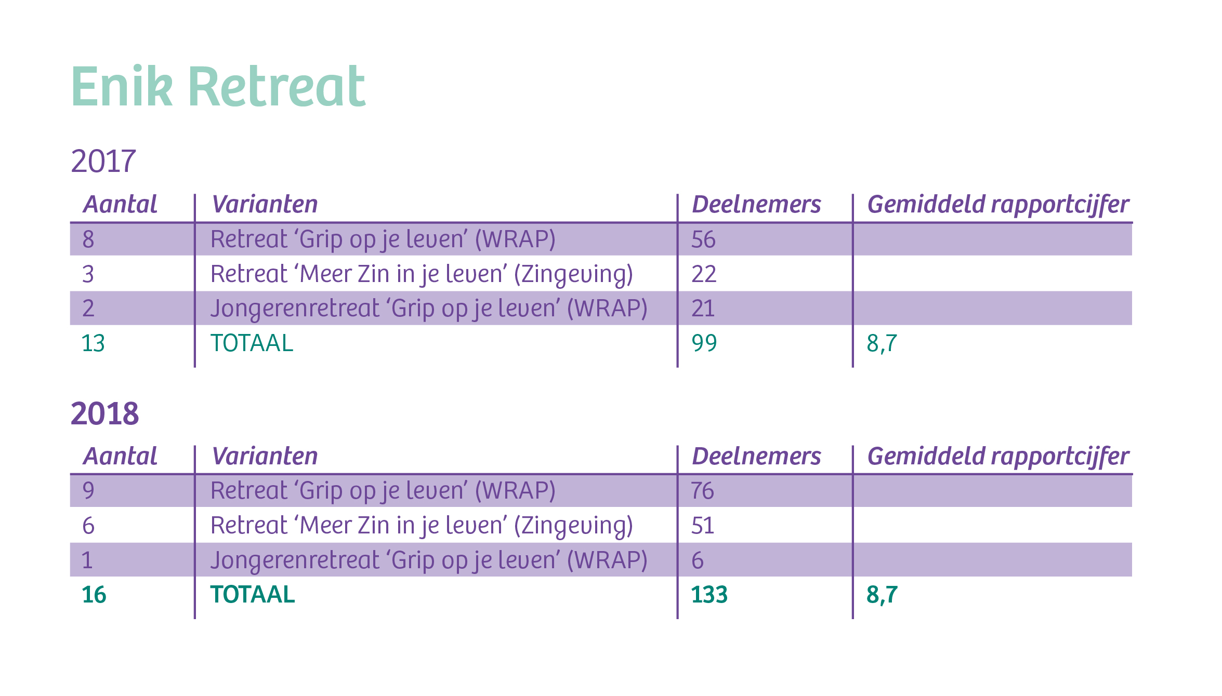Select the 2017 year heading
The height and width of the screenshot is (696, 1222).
point(103,161)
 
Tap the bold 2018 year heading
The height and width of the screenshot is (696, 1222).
point(104,413)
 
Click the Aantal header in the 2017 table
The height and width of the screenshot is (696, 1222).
point(120,204)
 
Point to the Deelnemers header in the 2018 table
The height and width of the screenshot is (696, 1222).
point(756,456)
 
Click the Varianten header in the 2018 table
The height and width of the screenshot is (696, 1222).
point(265,456)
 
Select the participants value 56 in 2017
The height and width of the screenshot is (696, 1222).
point(703,239)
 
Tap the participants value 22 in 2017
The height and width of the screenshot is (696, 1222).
point(704,274)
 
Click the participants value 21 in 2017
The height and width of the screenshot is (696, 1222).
point(703,309)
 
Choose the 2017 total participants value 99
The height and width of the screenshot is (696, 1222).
point(704,343)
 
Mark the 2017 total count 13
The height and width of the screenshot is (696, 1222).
point(94,343)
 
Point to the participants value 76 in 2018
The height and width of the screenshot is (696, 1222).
point(703,491)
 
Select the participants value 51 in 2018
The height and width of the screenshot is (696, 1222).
point(703,526)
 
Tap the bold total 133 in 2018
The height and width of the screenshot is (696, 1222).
point(709,595)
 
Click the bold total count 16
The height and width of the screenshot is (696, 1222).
point(94,595)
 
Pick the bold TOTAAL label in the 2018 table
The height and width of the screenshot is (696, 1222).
point(253,595)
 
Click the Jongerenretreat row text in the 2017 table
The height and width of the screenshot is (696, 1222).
point(429,309)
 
